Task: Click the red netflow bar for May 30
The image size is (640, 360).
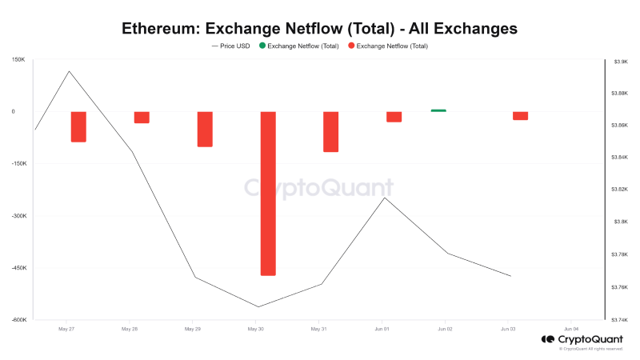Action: [268, 194]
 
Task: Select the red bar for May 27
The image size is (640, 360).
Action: [78, 126]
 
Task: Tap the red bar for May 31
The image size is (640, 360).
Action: [331, 131]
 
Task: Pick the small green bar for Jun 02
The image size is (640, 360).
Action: [438, 110]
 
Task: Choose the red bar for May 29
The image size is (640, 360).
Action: [205, 129]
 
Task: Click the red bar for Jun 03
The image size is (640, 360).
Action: [520, 115]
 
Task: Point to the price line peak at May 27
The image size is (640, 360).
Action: [69, 71]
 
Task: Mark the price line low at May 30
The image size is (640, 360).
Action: [258, 306]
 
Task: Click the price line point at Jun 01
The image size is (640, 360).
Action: [385, 198]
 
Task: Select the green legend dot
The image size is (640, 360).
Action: [262, 46]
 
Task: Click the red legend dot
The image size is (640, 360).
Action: [351, 46]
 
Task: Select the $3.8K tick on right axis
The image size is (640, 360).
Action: [619, 222]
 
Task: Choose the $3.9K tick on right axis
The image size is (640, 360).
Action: [619, 61]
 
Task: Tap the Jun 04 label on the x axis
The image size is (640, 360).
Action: [571, 329]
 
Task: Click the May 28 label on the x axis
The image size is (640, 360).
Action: [130, 329]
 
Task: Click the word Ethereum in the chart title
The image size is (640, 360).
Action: [159, 28]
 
